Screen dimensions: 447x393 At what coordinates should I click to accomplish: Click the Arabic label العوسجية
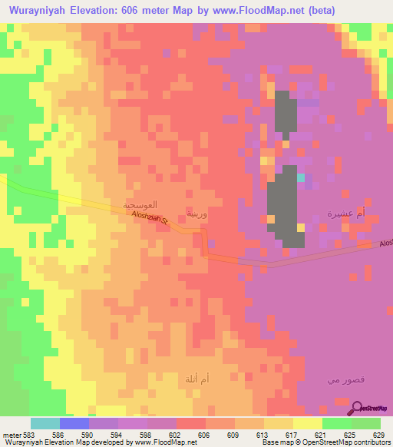click(x=141, y=206)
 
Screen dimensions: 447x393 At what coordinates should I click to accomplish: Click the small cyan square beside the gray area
click(x=301, y=177)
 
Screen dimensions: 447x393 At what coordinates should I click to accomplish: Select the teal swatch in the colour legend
click(x=45, y=423)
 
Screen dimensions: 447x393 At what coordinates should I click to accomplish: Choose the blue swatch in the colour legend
click(x=74, y=423)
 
